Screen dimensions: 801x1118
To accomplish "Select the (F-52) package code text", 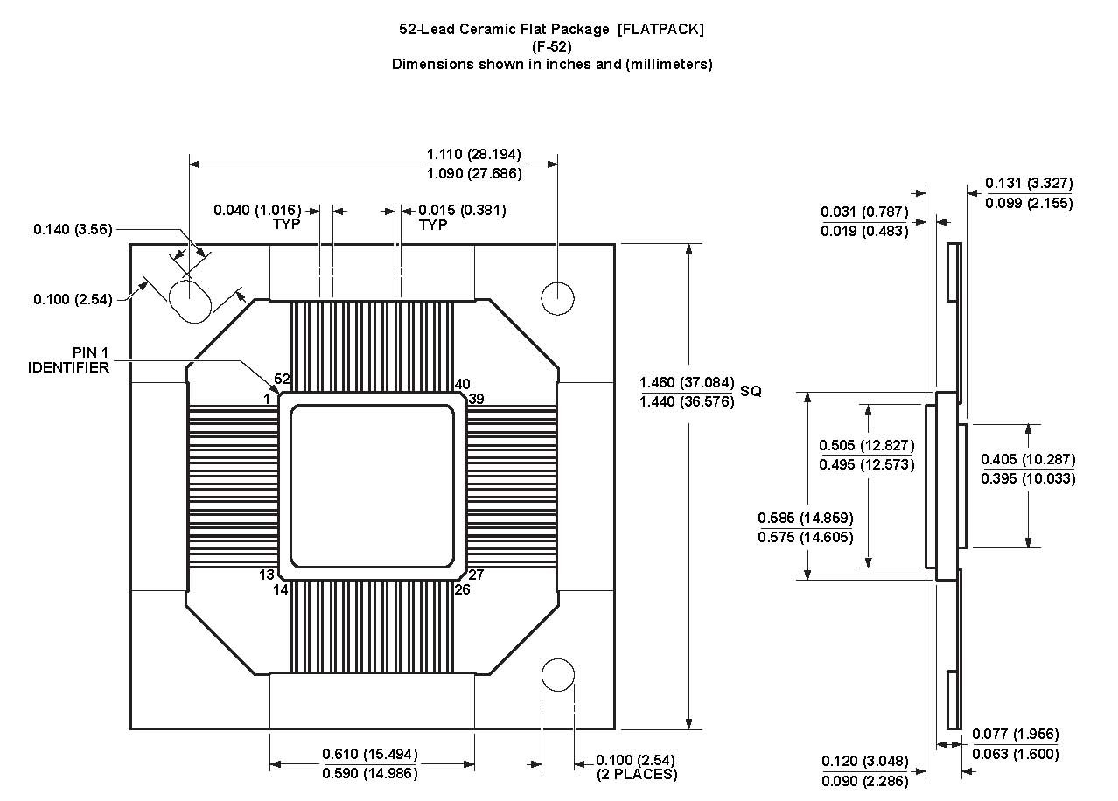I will pos(551,46).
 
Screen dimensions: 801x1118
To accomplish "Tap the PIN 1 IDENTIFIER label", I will pos(68,359).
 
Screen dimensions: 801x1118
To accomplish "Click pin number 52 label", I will pos(282,379).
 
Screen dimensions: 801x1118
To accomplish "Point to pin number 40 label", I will pos(462,384).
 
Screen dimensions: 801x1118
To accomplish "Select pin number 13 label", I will pos(267,575).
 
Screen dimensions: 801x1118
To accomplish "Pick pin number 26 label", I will pos(462,589).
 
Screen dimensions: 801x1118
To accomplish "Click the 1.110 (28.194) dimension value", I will pos(473,154).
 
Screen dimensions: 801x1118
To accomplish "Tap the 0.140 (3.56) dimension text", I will pos(73,229).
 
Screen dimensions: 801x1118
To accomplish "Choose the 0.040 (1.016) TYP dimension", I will pos(257,210).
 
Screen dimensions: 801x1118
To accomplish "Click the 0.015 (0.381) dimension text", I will pos(462,210).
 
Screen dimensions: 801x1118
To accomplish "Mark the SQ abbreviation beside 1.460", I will pos(751,391).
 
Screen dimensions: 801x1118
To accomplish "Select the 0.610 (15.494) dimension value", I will pos(370,754).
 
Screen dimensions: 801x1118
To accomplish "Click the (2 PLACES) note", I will pos(636,774).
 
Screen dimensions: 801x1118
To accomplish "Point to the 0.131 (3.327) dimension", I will pos(1029,183).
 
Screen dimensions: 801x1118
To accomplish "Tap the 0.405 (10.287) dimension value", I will pos(1028,459).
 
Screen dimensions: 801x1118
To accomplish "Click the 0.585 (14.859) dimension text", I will pos(806,518).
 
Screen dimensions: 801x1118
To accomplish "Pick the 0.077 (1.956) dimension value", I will pos(1015,734).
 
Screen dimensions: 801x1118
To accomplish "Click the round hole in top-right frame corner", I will pos(557,297).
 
